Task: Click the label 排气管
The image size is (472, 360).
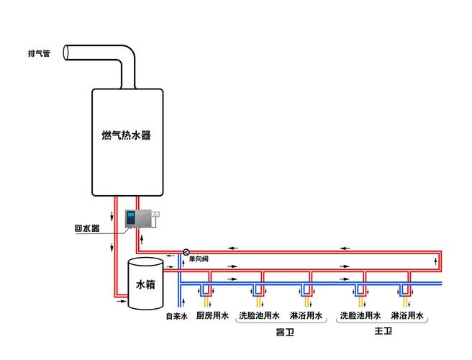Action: click(39, 53)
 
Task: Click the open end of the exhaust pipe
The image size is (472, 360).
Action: click(66, 53)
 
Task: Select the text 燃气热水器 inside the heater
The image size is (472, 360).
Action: click(127, 135)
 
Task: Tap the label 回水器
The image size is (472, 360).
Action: click(86, 229)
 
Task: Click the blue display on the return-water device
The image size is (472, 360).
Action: click(132, 217)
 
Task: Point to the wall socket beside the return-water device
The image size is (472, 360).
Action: click(155, 214)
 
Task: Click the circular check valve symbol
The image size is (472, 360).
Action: click(186, 252)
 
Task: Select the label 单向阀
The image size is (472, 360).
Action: click(199, 259)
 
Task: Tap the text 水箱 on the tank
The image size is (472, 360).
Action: click(145, 284)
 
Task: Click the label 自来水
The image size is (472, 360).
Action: click(176, 316)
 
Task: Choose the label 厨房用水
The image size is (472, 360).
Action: click(212, 316)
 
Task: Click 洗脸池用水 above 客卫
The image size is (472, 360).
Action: click(259, 316)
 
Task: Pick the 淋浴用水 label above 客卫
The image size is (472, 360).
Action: click(306, 316)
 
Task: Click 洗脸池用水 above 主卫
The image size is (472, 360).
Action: click(360, 316)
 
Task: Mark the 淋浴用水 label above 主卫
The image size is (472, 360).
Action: click(407, 316)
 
